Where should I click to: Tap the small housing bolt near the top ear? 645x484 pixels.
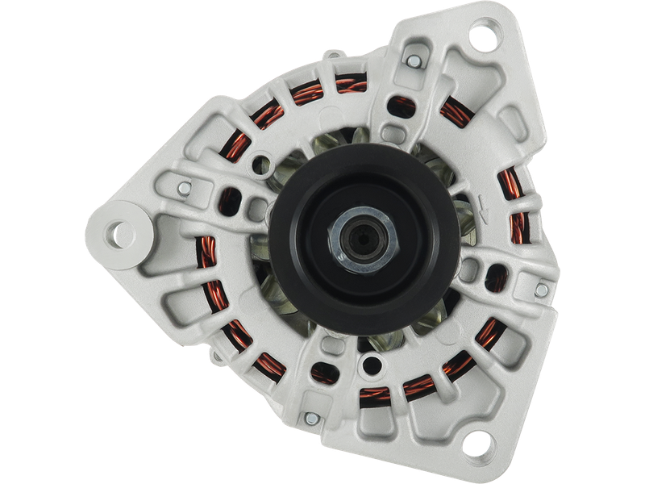pyautogui.click(x=414, y=60)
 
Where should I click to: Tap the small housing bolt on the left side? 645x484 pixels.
pyautogui.click(x=185, y=189)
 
